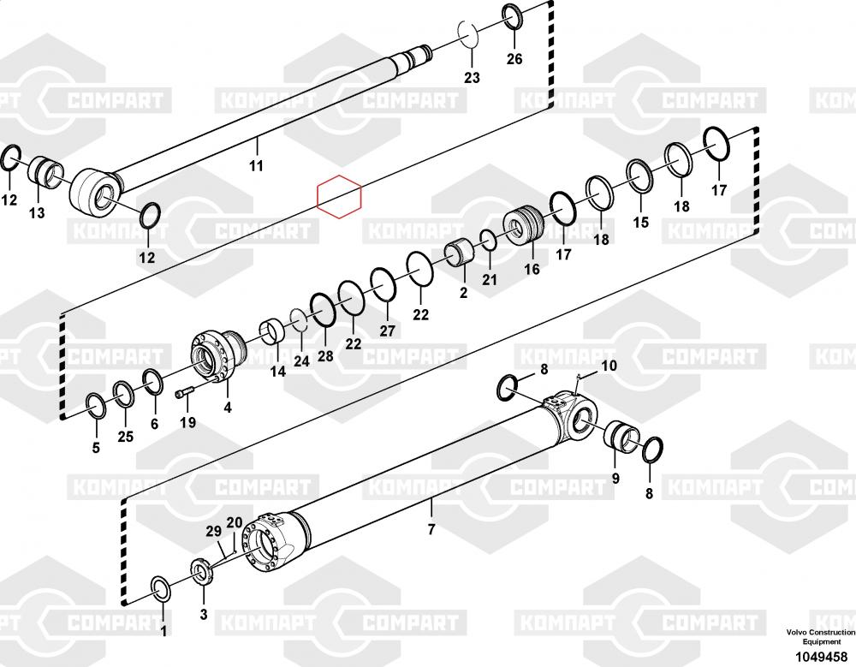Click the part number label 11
(x=256, y=164)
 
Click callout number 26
(x=514, y=59)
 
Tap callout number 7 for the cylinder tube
(x=431, y=529)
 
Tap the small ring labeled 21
(x=488, y=242)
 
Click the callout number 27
(x=388, y=331)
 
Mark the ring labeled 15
(x=640, y=176)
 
